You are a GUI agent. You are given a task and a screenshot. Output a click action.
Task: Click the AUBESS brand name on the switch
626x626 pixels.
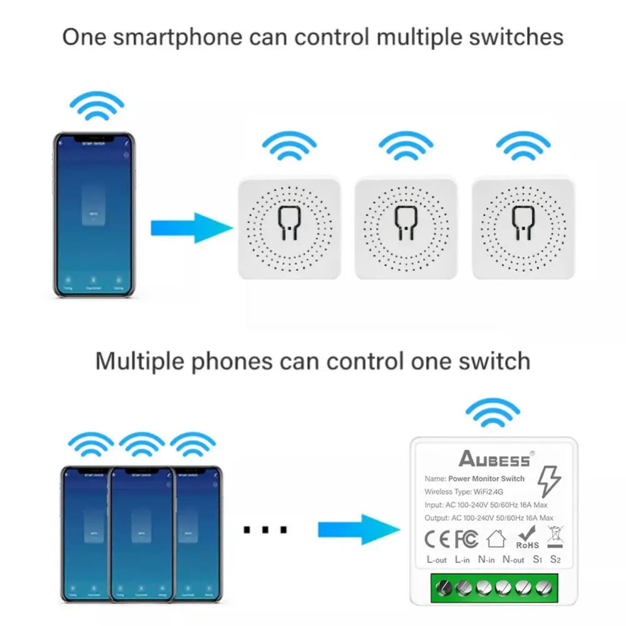[x=495, y=459]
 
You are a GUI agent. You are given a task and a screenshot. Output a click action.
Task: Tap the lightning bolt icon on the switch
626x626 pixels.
[x=549, y=482]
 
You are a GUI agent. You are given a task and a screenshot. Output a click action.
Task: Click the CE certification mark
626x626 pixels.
[x=437, y=538]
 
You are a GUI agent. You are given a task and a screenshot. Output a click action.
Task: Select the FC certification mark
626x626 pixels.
[x=466, y=538]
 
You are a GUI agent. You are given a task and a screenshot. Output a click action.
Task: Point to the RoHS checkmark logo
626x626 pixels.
[x=527, y=537]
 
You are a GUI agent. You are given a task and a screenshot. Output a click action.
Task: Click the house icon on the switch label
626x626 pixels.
[x=496, y=538]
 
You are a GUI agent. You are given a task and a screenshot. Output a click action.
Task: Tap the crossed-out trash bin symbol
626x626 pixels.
[x=555, y=537]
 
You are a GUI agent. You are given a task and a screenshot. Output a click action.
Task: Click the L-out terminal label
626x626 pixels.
[x=436, y=560]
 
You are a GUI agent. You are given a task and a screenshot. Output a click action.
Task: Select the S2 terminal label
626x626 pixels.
[x=555, y=559]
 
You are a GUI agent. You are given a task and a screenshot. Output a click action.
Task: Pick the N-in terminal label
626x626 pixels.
[x=486, y=560]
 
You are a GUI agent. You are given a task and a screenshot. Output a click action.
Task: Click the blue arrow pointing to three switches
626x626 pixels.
[x=191, y=228]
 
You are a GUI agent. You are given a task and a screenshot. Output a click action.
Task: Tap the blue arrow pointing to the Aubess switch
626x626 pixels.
[x=358, y=530]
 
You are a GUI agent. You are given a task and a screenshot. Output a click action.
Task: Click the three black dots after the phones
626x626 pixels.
[x=265, y=530]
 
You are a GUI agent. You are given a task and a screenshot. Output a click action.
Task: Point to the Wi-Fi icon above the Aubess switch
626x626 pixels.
[x=493, y=414]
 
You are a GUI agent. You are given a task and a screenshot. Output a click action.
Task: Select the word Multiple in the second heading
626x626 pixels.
[x=138, y=361]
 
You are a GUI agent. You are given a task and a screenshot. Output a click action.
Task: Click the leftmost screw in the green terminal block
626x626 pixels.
[x=444, y=588]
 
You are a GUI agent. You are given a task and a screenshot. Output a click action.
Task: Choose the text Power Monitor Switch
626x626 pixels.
[x=486, y=479]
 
